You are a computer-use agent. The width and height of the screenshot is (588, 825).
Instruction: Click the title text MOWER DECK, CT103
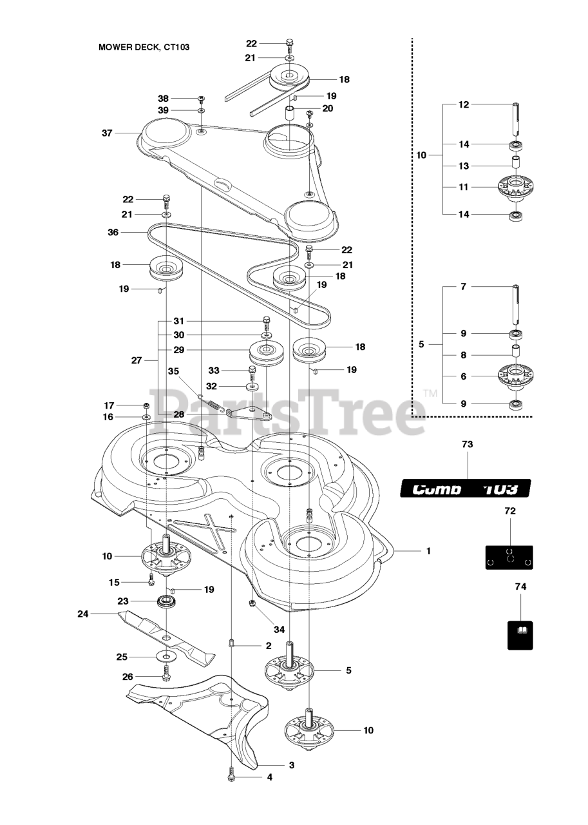pos(144,47)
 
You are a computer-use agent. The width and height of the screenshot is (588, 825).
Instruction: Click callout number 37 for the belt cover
pos(107,133)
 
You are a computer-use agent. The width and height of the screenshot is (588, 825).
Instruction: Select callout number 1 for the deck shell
pos(428,552)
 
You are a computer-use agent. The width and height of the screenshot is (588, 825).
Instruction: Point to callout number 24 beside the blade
pos(82,614)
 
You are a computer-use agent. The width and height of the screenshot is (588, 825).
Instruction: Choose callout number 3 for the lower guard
pos(291,765)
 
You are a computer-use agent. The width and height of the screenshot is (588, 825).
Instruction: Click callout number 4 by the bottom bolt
pos(270,777)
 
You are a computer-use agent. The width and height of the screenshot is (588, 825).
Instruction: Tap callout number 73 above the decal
pos(468,445)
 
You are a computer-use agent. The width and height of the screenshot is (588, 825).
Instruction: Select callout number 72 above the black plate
pos(510,510)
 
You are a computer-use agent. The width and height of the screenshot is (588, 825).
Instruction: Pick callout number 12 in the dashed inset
pos(463,104)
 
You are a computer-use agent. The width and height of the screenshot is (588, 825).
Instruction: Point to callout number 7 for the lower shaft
pos(463,286)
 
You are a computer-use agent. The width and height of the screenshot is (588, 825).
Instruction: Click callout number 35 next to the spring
pos(174,371)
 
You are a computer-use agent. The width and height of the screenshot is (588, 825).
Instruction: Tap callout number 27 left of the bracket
pos(136,361)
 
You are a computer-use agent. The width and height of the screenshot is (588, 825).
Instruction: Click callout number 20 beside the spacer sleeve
pos(328,108)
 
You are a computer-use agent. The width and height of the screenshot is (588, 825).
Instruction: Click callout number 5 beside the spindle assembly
pos(348,670)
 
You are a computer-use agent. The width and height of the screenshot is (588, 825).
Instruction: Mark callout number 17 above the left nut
pos(109,405)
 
